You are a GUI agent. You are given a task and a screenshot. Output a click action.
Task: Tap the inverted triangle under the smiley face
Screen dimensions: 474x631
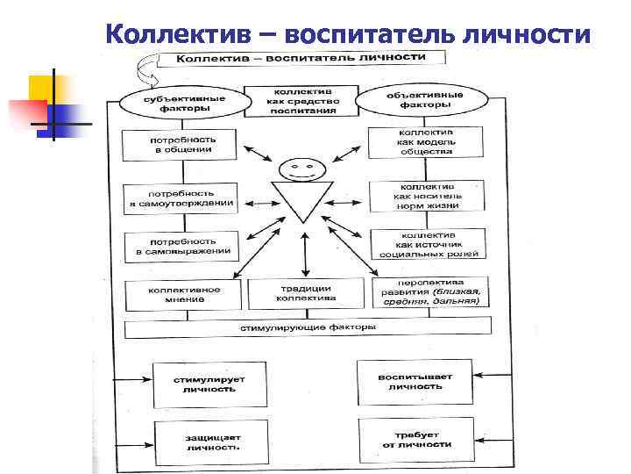pyautogui.click(x=301, y=200)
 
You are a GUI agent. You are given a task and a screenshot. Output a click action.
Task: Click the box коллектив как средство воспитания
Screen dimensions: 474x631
pyautogui.click(x=301, y=101)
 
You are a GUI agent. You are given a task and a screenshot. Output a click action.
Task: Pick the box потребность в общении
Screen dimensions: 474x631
pyautogui.click(x=181, y=145)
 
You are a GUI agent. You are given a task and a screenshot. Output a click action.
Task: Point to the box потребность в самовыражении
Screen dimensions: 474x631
pyautogui.click(x=181, y=246)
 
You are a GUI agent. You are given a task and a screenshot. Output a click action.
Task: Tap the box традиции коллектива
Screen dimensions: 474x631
pyautogui.click(x=304, y=292)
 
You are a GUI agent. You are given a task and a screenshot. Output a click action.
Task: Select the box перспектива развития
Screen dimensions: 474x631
pyautogui.click(x=429, y=292)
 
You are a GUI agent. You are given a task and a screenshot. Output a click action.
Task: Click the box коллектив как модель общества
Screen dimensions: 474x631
pyautogui.click(x=426, y=141)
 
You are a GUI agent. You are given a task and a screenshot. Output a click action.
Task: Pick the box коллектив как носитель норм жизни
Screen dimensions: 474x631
pyautogui.click(x=427, y=195)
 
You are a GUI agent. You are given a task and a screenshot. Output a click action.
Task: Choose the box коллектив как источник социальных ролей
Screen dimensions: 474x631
pyautogui.click(x=428, y=244)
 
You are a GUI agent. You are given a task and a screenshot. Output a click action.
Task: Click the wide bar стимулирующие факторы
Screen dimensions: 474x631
pyautogui.click(x=308, y=328)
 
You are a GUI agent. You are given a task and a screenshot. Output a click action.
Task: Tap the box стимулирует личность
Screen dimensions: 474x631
pyautogui.click(x=209, y=383)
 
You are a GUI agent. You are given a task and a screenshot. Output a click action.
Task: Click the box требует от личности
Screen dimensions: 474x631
pyautogui.click(x=416, y=438)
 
